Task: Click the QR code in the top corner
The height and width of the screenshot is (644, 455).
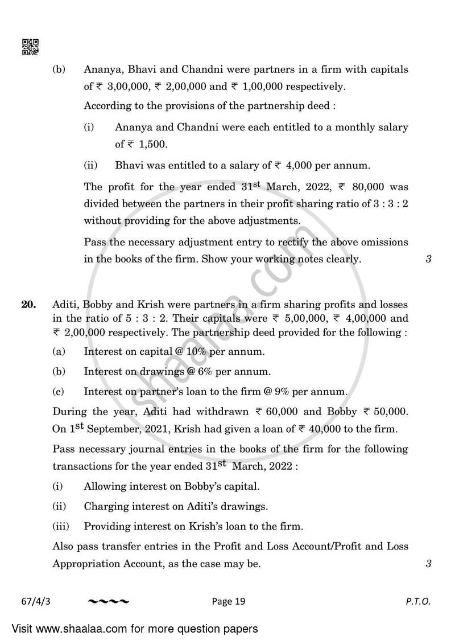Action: click(30, 47)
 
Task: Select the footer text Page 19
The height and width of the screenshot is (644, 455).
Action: click(230, 601)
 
